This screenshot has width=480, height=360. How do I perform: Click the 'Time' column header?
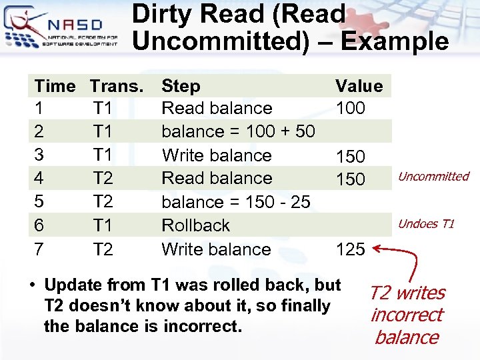55,85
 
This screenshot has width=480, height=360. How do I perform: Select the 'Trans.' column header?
117,85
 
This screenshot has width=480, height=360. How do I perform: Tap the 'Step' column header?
181,85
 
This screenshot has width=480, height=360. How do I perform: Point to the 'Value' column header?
359,85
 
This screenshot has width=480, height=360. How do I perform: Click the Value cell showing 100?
351,108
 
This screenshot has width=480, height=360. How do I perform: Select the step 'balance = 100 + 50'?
238,131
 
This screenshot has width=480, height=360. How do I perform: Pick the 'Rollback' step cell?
195,225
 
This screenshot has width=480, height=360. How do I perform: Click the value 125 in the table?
351,249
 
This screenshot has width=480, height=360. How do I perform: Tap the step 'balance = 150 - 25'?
236,202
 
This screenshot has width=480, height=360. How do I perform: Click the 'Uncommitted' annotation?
433,177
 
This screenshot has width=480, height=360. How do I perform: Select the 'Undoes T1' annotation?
426,224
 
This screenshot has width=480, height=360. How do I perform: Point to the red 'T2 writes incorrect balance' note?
407,315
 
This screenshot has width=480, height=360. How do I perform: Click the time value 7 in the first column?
39,249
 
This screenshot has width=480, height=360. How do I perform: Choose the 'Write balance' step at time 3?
217,155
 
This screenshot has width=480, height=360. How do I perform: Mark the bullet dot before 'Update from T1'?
31,285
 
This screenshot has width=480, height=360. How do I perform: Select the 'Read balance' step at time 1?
217,108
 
